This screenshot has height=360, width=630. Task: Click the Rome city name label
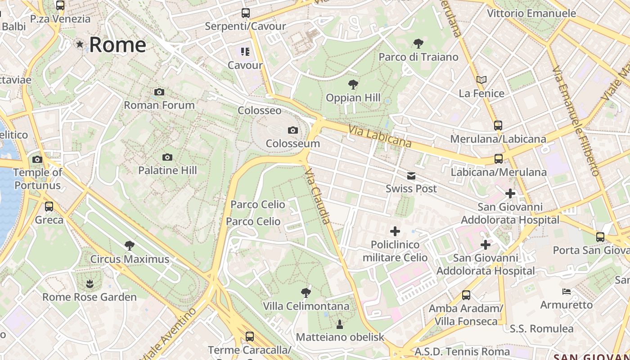click(117, 45)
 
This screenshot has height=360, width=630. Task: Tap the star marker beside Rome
click(80, 44)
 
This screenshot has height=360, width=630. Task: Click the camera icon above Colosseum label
click(293, 130)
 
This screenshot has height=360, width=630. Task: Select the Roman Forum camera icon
click(159, 92)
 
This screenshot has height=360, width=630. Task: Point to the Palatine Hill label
click(167, 171)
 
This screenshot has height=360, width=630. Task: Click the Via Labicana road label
click(380, 136)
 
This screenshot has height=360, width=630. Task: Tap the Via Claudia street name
click(318, 196)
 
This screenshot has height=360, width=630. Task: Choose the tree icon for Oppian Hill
click(353, 84)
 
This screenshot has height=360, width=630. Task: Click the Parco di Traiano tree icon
click(418, 44)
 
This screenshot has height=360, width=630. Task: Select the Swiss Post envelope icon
click(411, 176)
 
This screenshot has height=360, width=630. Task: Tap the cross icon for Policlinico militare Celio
click(395, 231)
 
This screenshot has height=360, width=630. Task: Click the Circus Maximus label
click(130, 259)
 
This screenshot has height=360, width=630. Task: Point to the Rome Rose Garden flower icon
click(90, 283)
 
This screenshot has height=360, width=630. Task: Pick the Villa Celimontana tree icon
click(306, 293)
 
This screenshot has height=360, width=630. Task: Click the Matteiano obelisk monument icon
click(340, 324)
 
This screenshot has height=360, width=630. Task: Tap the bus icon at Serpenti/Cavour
click(245, 13)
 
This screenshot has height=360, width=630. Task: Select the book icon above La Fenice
click(481, 80)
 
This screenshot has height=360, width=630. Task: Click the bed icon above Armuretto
click(567, 292)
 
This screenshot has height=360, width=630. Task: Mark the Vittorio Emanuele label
click(531, 13)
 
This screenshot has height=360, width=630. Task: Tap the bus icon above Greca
click(49, 207)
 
